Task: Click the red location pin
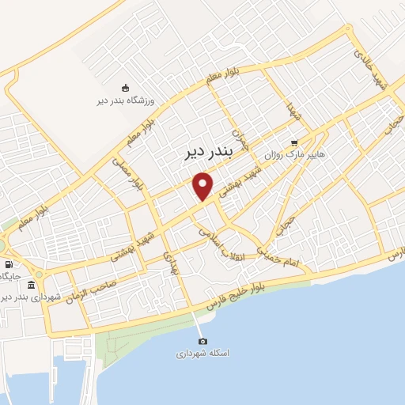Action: click(203, 187)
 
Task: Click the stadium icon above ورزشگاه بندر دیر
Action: click(123, 88)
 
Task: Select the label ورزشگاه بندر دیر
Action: click(123, 100)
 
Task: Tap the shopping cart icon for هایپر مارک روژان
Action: click(294, 143)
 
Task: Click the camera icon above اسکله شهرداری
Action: click(202, 340)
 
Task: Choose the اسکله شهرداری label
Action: click(202, 354)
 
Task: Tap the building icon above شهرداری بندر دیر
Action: click(32, 284)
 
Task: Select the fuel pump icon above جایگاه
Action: click(9, 264)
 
